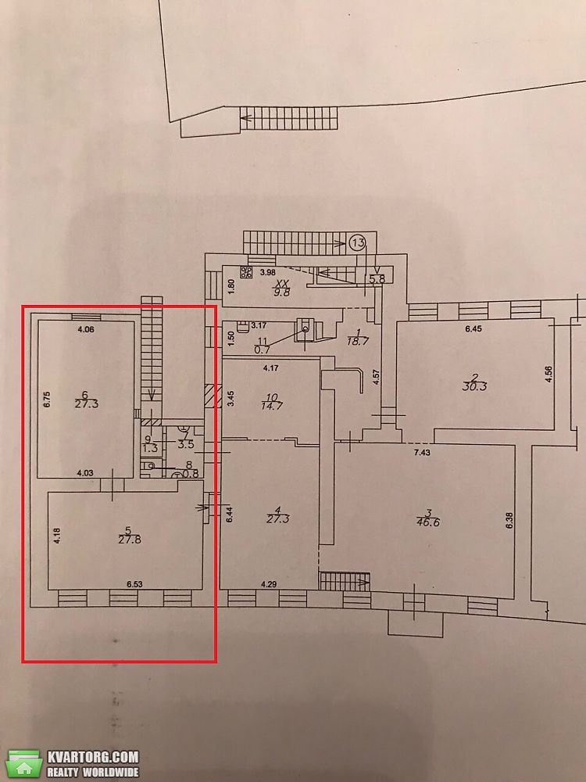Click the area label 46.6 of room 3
[428, 522]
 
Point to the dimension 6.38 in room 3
[509, 521]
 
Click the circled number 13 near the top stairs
[357, 243]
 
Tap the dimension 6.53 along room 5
[135, 584]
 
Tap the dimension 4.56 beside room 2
[548, 374]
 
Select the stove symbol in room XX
[246, 272]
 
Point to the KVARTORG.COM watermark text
[93, 756]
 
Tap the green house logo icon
[24, 762]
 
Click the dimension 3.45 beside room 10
[230, 399]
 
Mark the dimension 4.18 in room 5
[57, 535]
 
